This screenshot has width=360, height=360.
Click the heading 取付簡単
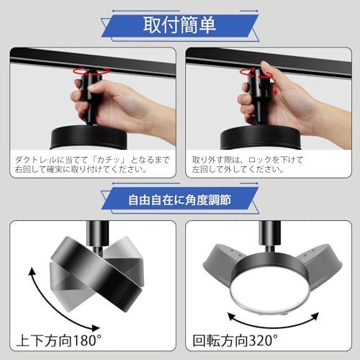(179, 25)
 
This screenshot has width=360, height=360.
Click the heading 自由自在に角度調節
(179, 200)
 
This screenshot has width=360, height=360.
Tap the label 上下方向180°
(59, 340)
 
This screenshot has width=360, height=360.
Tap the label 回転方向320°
(235, 340)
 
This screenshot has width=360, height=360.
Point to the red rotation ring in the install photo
(91, 71)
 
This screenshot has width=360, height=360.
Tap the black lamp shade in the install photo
(89, 137)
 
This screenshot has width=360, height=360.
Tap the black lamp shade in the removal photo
(260, 138)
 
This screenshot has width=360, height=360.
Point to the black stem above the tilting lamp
(97, 234)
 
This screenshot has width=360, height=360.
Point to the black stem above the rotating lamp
(269, 234)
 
